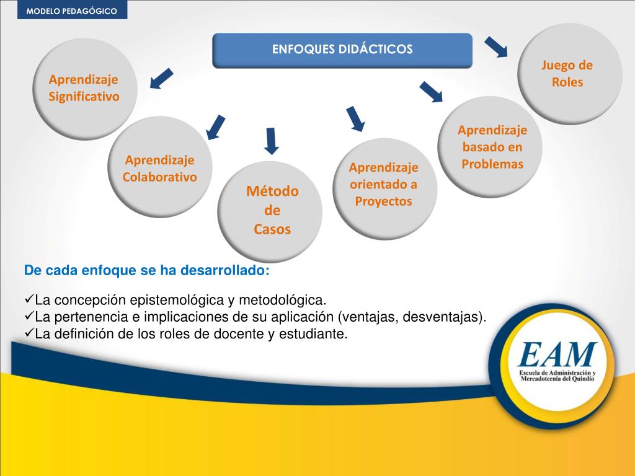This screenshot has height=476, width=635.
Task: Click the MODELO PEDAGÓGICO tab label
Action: coord(71,10)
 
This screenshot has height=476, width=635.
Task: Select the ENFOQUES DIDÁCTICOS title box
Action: coord(342,50)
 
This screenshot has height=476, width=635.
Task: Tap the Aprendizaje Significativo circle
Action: coord(84,88)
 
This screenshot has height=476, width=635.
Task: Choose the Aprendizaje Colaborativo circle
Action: coord(160,168)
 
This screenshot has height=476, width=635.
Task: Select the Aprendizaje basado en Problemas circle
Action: coord(492,148)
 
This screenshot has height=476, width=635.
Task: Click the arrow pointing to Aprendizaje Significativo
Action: coord(161,79)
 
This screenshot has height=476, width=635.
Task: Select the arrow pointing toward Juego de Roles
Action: coord(496,46)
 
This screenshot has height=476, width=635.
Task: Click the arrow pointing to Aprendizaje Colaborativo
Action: coord(216,126)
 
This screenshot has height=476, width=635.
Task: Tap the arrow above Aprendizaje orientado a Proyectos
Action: coord(355,118)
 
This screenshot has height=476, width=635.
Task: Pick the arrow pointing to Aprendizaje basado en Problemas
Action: coord(431,91)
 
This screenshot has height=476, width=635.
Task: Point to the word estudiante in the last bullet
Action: coord(316,334)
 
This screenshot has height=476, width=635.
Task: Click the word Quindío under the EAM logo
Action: coord(580,378)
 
